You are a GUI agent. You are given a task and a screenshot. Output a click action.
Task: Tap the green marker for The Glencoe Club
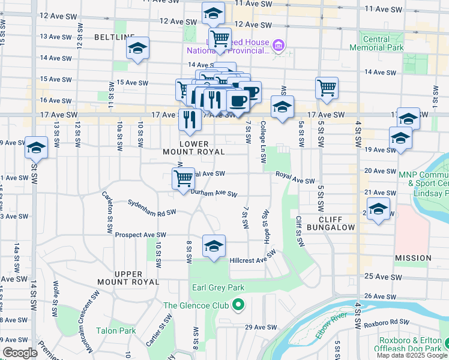238,305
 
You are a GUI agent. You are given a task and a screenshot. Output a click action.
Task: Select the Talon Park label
116,331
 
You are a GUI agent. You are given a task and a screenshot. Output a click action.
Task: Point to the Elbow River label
330,325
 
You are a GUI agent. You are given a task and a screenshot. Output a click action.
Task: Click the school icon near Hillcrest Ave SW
214,246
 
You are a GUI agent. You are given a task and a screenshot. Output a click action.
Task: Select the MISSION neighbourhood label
413,258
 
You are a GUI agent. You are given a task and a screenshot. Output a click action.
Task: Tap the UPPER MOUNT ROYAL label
128,278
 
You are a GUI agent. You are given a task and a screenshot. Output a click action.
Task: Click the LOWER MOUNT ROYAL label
185,148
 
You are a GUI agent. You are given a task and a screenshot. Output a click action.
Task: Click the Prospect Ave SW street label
140,235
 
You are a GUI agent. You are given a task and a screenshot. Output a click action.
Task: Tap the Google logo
20,353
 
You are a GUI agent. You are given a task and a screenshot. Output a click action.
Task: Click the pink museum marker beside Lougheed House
278,45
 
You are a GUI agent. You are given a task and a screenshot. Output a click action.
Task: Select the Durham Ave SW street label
214,193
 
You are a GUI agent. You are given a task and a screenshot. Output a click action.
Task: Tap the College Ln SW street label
263,142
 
